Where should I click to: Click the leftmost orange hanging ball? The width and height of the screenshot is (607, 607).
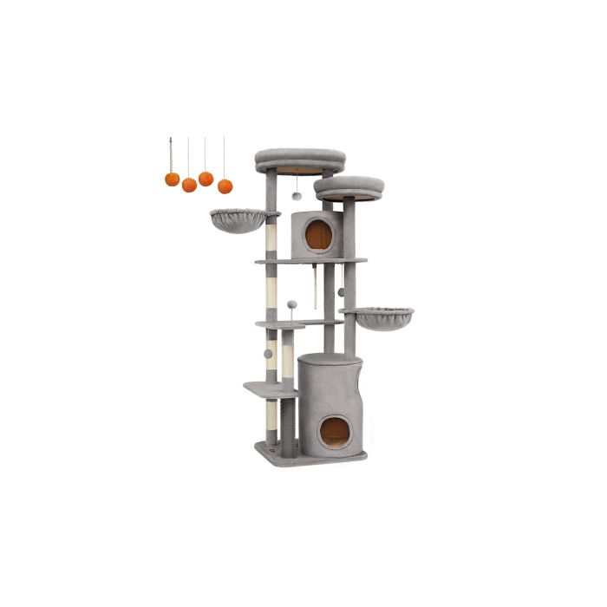172,179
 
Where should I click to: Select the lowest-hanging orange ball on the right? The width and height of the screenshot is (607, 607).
225,186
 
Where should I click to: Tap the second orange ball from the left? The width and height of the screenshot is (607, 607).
189,185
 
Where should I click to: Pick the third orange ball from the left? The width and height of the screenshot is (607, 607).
206,179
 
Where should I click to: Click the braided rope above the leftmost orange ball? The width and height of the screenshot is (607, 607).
172,155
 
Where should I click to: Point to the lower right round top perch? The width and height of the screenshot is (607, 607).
349,186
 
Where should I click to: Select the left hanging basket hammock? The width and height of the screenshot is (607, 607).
238,219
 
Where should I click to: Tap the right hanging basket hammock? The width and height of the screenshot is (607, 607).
376,317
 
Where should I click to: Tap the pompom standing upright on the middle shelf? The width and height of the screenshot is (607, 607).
292,305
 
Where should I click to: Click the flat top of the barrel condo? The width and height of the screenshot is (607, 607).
330,358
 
